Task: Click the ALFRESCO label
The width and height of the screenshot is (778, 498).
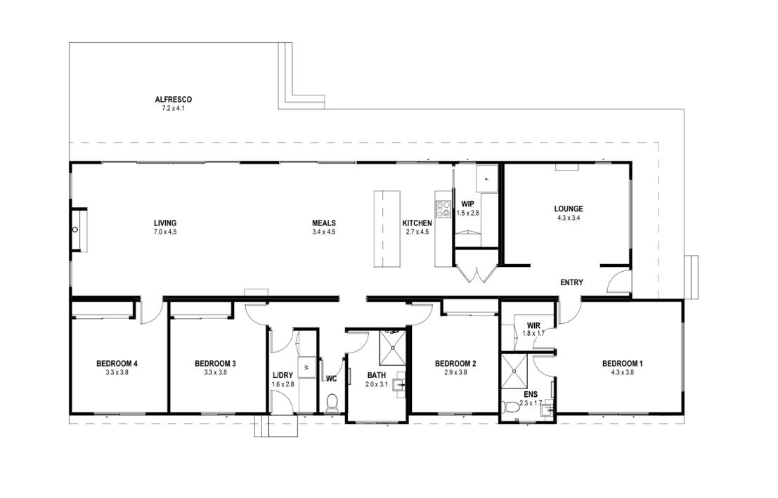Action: point(173,99)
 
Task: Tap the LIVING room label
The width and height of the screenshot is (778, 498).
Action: point(165,223)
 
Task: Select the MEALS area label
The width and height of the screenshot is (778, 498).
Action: point(324,223)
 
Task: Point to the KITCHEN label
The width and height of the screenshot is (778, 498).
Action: point(417,223)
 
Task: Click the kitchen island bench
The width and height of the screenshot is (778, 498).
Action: point(387,229)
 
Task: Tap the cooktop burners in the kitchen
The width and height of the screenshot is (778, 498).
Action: point(443,209)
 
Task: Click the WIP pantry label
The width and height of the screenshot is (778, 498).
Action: point(467,204)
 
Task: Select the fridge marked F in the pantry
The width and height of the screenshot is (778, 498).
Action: point(487,178)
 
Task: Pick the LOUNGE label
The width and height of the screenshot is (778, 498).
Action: point(569,209)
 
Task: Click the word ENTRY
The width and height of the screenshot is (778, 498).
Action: point(571,282)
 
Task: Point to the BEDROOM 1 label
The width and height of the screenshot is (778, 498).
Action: point(622,364)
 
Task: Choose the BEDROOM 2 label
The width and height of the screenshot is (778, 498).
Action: point(455,364)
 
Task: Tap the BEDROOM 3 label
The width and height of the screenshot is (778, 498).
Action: point(215,364)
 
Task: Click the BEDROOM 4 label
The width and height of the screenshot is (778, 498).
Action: point(117,364)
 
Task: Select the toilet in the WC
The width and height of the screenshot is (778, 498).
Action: point(332,402)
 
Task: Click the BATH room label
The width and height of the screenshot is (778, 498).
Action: point(376,376)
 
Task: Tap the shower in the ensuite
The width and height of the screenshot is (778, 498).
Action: point(514,371)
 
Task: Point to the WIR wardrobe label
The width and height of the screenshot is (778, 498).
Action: point(533,326)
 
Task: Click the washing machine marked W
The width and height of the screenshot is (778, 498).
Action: point(306,367)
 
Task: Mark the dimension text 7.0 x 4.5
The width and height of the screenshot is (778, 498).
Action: point(165,232)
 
